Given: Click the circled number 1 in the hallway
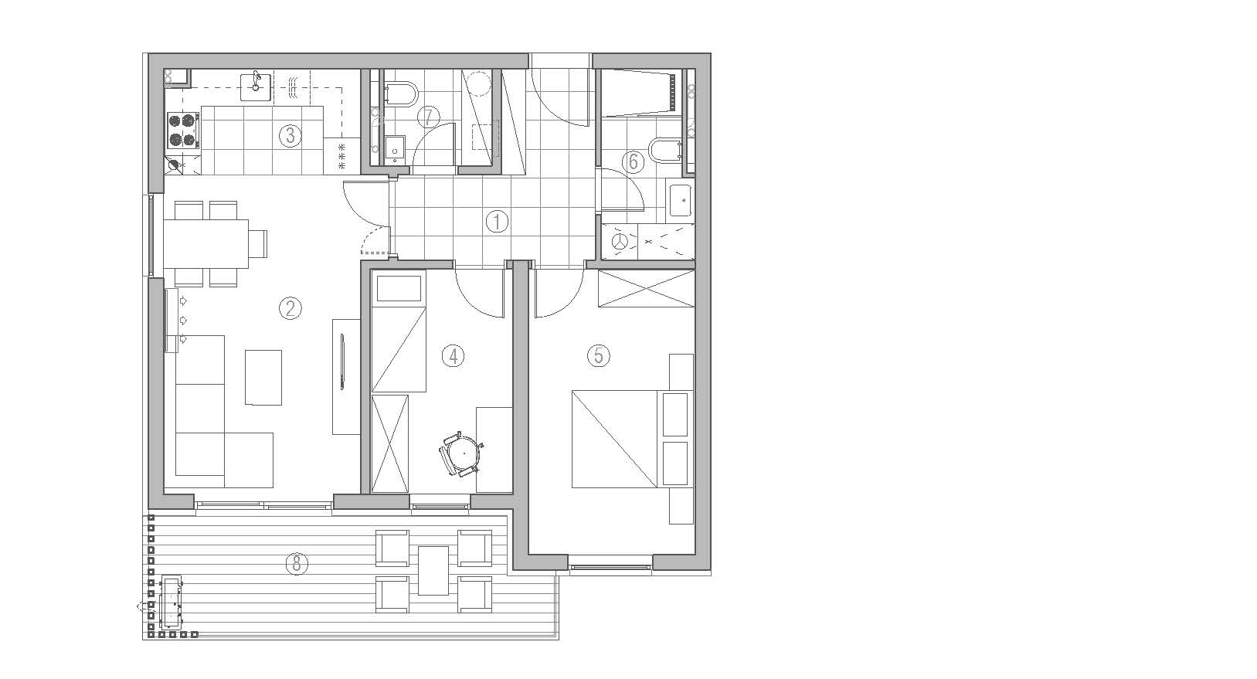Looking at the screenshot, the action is click(x=497, y=222).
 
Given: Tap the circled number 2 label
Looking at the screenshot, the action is click(x=290, y=308).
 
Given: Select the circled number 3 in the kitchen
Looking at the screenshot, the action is click(x=290, y=135).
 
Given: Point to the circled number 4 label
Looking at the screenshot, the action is click(x=453, y=356).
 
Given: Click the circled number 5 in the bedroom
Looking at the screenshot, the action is click(x=598, y=355).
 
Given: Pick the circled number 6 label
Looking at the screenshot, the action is click(x=633, y=161).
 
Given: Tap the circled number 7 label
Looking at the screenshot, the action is click(x=429, y=117).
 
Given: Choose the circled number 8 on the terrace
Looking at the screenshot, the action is click(x=297, y=562).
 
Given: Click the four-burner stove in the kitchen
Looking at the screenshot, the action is click(x=184, y=131).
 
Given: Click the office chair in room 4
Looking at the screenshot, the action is click(x=463, y=454).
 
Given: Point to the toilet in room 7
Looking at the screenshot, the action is click(x=401, y=95).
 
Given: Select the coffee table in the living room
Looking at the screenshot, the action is click(x=263, y=377).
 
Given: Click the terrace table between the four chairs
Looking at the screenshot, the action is click(x=433, y=571).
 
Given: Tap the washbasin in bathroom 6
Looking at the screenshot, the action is click(x=681, y=200).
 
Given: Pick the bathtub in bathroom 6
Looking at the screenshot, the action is click(x=640, y=93).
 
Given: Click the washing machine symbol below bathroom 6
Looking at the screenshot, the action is click(x=620, y=242).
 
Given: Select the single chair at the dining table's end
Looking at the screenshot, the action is click(x=258, y=243).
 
